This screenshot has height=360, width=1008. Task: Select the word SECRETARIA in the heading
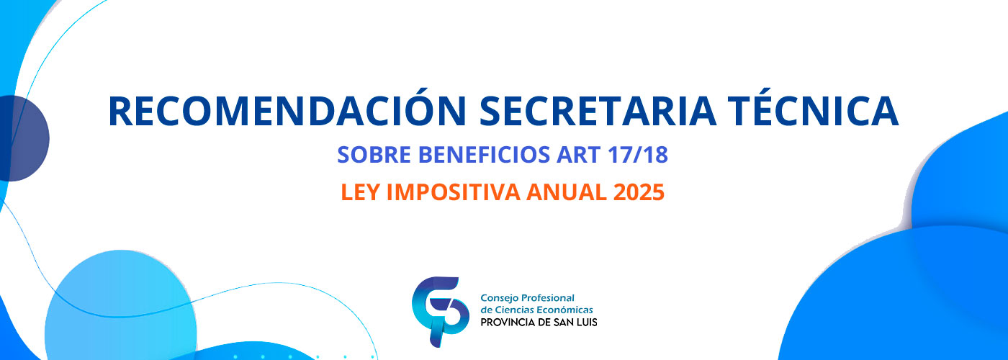[x=598, y=111]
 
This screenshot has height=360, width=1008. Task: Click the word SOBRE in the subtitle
[x=374, y=154]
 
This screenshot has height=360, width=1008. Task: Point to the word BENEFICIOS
[x=484, y=154]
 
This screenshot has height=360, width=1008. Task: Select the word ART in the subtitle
[x=578, y=154]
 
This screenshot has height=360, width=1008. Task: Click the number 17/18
[x=638, y=154]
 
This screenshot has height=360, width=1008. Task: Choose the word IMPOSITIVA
[x=453, y=192]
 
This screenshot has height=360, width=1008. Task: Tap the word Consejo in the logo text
[x=498, y=298]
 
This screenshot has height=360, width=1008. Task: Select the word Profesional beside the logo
[x=547, y=298]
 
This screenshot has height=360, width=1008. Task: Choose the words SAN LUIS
[x=579, y=323]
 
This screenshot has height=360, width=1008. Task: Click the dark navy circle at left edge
[x=22, y=138]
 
